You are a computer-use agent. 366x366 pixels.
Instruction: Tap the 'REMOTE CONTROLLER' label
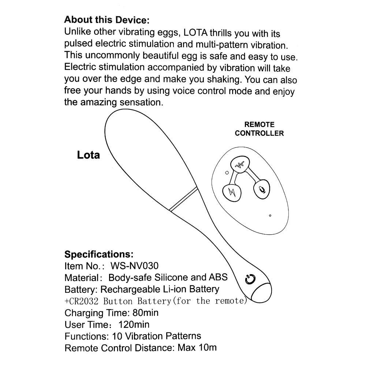click(259, 129)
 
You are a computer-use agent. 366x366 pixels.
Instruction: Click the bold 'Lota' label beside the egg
click(88, 155)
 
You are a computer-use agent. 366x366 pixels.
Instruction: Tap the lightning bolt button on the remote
click(231, 191)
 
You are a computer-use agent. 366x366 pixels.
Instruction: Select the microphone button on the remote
click(262, 189)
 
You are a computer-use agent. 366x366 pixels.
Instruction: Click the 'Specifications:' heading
click(99, 254)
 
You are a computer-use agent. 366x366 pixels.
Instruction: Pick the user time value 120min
click(134, 325)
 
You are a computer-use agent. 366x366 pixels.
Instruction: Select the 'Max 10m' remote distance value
click(197, 347)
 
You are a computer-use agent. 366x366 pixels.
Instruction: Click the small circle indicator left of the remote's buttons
click(227, 173)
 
